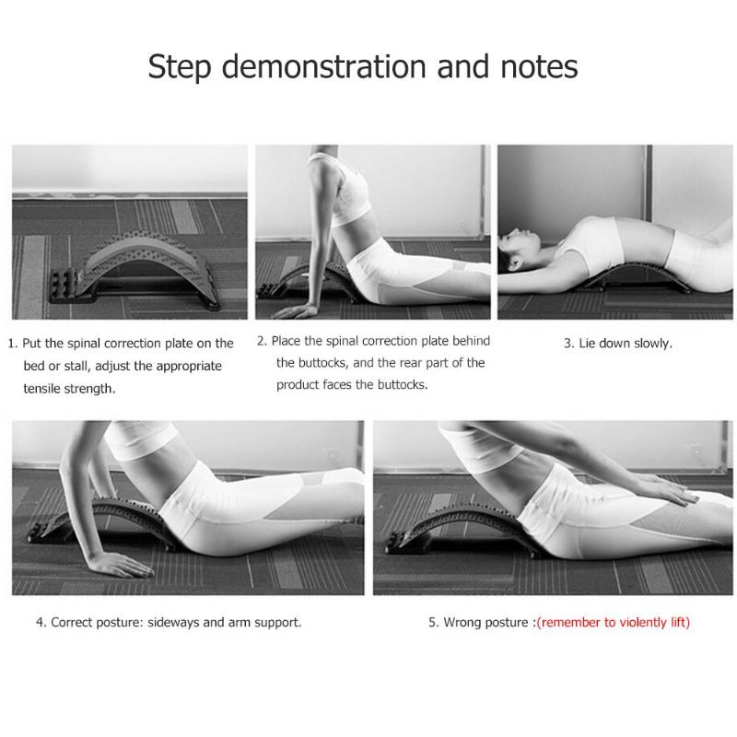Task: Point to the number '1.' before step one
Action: coord(14,343)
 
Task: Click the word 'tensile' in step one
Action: coord(44,388)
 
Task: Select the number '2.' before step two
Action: coord(263,341)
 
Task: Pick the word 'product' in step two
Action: coord(298,384)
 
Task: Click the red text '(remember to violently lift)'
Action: coord(613,622)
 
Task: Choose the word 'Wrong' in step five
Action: coord(463,622)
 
